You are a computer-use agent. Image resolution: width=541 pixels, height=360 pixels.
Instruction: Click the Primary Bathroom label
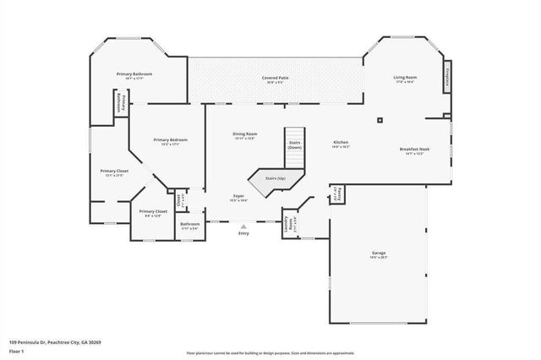pos(134,74)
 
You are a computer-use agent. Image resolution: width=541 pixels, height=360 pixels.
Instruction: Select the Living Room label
pos(405,78)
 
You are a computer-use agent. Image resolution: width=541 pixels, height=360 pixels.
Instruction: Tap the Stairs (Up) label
pos(275,178)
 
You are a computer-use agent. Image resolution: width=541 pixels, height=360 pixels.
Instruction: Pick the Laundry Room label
pos(292,224)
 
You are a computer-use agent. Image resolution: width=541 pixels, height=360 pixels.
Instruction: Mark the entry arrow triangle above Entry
pos(243,226)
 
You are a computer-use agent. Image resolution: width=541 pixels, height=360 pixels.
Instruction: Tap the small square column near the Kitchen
pos(380,120)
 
